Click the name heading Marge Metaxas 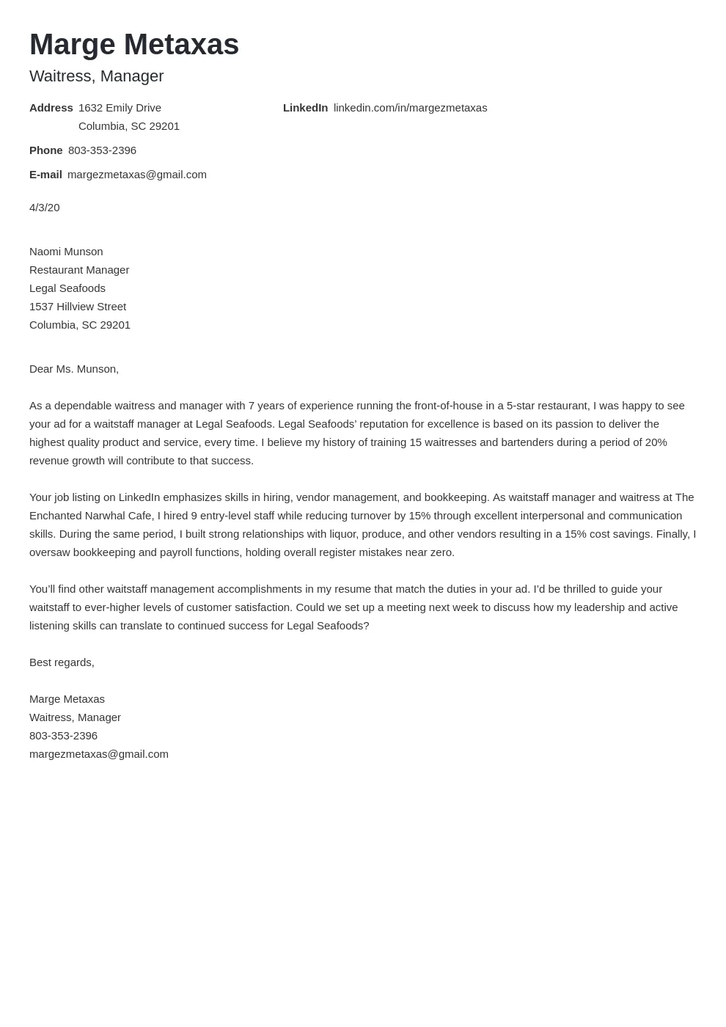click(134, 45)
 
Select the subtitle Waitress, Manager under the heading click(96, 76)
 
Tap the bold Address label click(51, 108)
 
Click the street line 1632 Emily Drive click(120, 108)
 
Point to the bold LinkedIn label click(305, 108)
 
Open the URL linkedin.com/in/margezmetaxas click(410, 108)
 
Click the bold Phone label click(45, 150)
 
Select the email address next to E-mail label click(137, 175)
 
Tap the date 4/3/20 click(44, 208)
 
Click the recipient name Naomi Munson click(66, 252)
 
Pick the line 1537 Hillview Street click(78, 307)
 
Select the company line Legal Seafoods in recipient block click(67, 288)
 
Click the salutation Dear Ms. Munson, click(74, 369)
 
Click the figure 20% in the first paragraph click(655, 442)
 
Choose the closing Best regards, click(62, 662)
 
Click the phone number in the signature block click(63, 736)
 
